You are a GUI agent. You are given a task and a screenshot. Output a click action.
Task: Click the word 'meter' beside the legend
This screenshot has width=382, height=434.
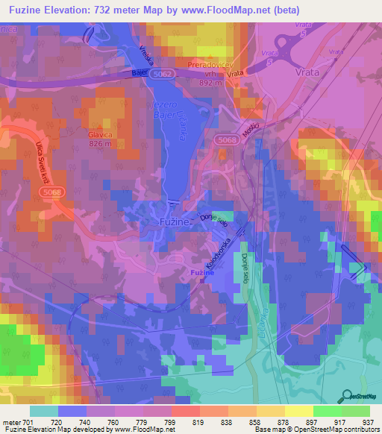13,421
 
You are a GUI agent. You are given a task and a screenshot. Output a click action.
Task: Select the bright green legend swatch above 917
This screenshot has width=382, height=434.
328,410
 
